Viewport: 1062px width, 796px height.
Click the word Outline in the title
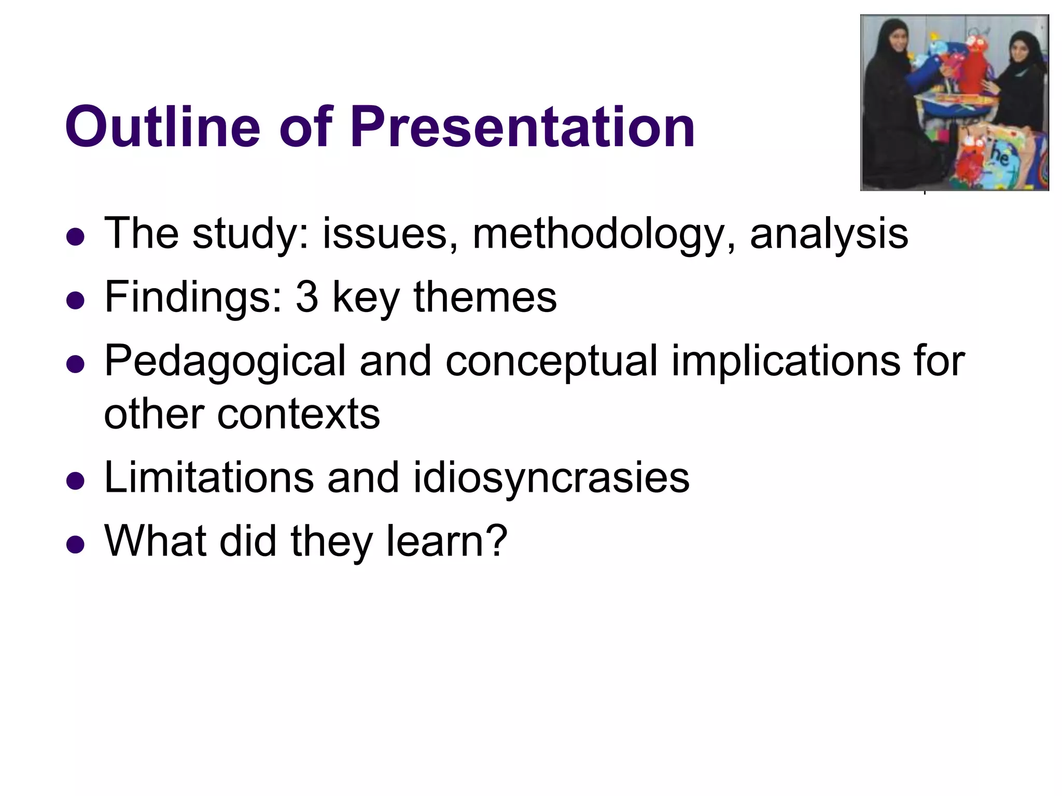162,127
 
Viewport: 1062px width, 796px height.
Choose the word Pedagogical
225,362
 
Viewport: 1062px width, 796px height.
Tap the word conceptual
551,362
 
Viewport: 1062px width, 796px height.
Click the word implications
786,362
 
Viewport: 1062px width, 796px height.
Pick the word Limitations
209,478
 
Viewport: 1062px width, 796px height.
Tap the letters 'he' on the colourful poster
1000,155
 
